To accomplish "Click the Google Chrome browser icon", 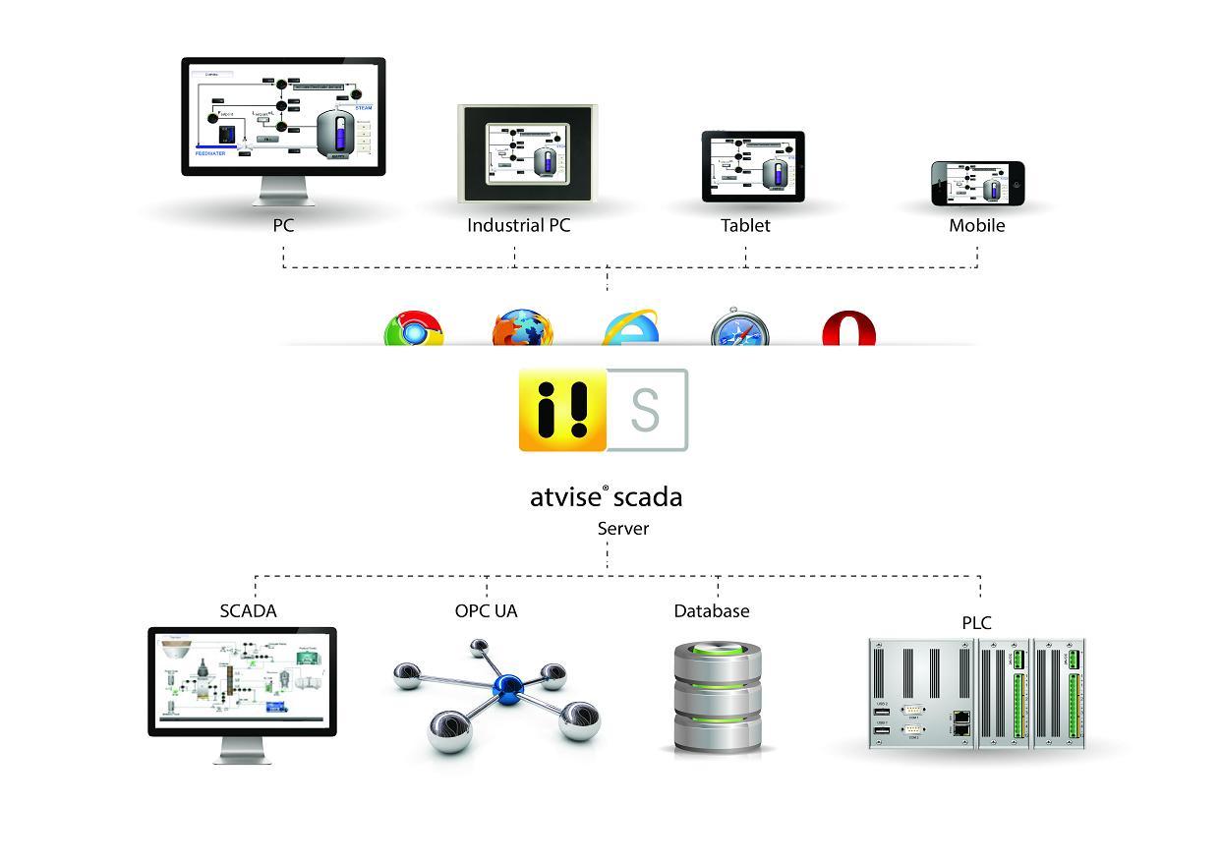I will pyautogui.click(x=414, y=329).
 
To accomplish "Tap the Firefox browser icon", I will pyautogui.click(x=522, y=329).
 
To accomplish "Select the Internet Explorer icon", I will pyautogui.click(x=630, y=328).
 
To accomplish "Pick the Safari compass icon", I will pyautogui.click(x=739, y=330).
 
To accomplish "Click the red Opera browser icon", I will pyautogui.click(x=848, y=329).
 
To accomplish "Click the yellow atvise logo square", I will pyautogui.click(x=562, y=410).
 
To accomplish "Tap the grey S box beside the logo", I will pyautogui.click(x=646, y=410).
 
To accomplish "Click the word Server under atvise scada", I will pyautogui.click(x=623, y=529).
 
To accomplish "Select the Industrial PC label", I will pyautogui.click(x=518, y=225).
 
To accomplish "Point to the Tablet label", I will pyautogui.click(x=745, y=225).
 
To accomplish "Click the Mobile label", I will pyautogui.click(x=976, y=225).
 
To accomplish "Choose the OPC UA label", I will pyautogui.click(x=486, y=610).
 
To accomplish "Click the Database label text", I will pyautogui.click(x=711, y=610).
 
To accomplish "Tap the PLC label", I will pyautogui.click(x=976, y=622).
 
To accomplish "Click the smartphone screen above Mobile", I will pyautogui.click(x=977, y=184).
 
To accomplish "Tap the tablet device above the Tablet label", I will pyautogui.click(x=753, y=167).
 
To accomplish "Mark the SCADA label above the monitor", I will pyautogui.click(x=248, y=610).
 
